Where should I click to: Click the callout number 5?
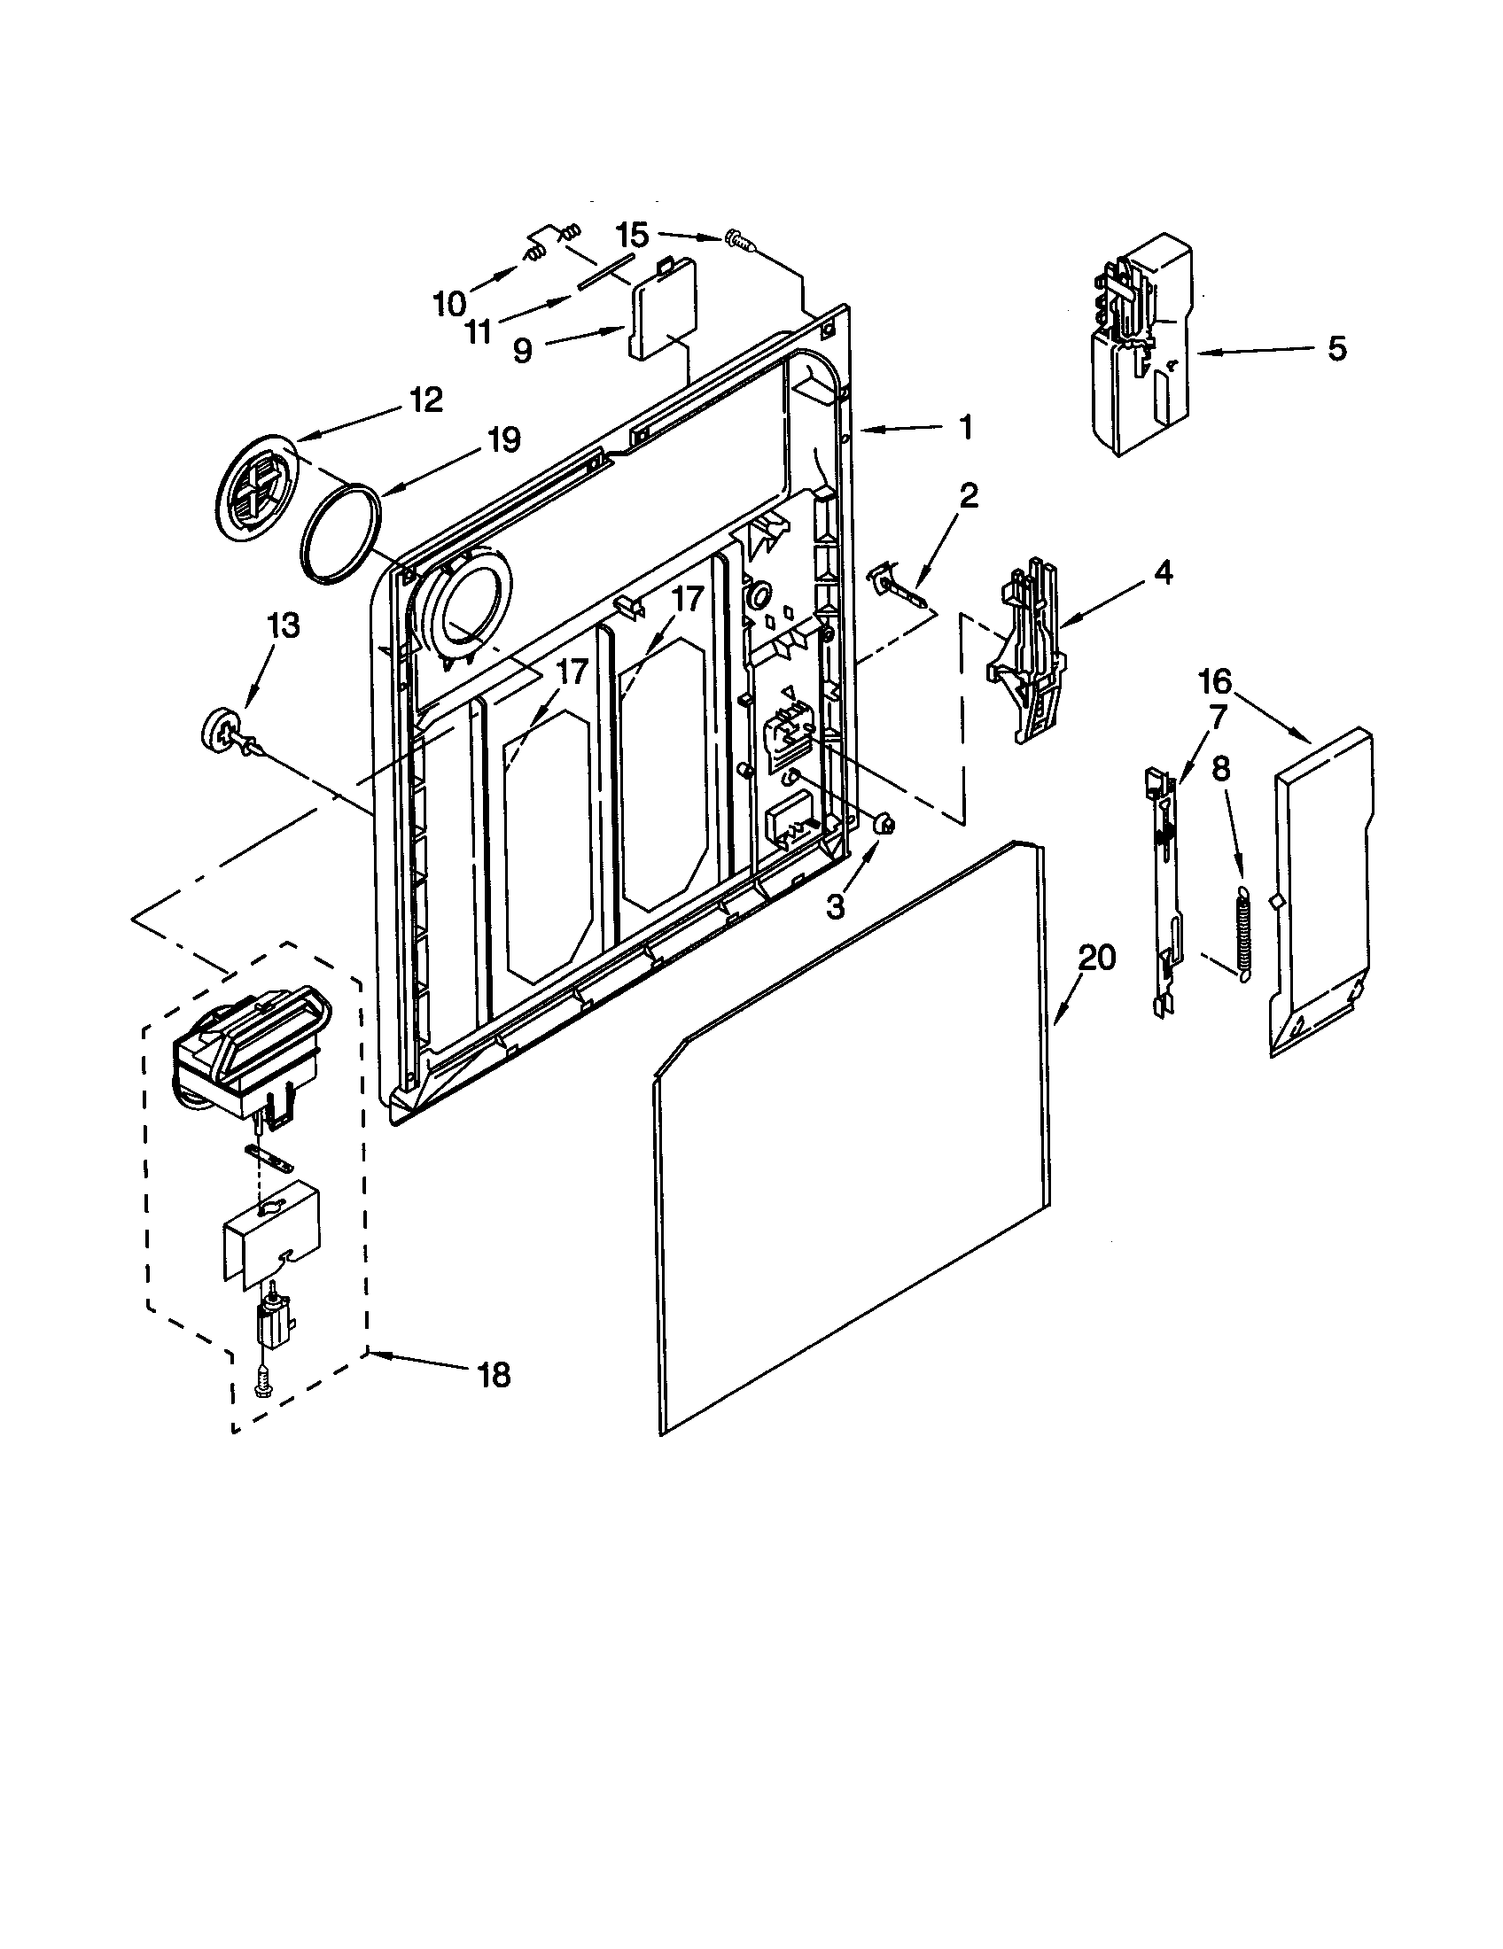[x=1336, y=349]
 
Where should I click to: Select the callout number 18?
[x=494, y=1374]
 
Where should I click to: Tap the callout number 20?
[x=1097, y=959]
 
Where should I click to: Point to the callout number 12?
[x=425, y=400]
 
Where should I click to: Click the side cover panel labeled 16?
[x=1321, y=892]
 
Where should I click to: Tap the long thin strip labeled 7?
[x=1164, y=892]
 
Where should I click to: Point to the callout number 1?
[x=966, y=429]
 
